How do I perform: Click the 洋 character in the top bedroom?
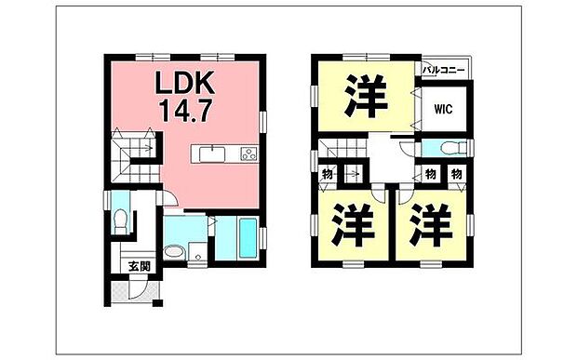(x=365, y=96)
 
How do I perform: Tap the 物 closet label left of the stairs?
(x=329, y=174)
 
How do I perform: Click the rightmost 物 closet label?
(x=457, y=174)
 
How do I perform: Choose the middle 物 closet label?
(x=430, y=174)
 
